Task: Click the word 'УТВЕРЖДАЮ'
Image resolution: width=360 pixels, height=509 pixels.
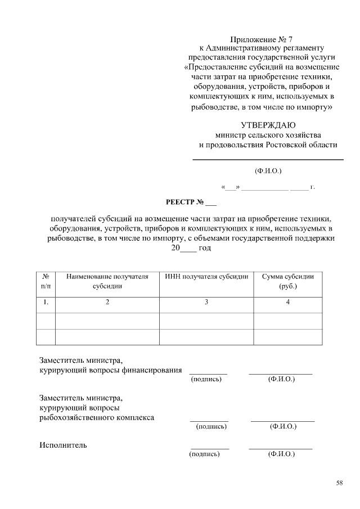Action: point(268,125)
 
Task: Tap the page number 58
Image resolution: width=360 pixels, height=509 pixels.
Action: point(339,483)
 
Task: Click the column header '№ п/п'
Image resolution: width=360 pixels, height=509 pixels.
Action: point(46,281)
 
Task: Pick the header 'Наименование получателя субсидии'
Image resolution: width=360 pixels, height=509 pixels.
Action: point(107,281)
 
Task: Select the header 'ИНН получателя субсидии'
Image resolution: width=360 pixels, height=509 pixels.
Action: point(206,277)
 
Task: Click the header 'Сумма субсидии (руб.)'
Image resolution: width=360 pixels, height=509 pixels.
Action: point(288,281)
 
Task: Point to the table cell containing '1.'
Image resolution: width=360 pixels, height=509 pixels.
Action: point(46,303)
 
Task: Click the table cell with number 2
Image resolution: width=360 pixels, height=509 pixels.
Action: point(107,303)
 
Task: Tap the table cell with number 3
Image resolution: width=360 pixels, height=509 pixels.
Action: point(206,303)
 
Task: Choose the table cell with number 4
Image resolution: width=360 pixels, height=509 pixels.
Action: point(288,303)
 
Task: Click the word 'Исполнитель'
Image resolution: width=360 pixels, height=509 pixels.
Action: point(63,445)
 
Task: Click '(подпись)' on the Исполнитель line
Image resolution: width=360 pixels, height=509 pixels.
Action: point(205,454)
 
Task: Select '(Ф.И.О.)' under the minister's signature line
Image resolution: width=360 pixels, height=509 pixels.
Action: point(268,170)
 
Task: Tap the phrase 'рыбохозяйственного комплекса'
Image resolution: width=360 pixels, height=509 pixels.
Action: point(97,418)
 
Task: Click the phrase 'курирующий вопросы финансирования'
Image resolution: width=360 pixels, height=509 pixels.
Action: point(110,370)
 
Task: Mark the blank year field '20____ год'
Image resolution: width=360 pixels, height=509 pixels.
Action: point(191,247)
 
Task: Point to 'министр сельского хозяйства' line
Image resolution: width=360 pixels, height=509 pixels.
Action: point(268,135)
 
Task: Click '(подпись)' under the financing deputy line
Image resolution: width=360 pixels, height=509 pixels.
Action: point(206,379)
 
